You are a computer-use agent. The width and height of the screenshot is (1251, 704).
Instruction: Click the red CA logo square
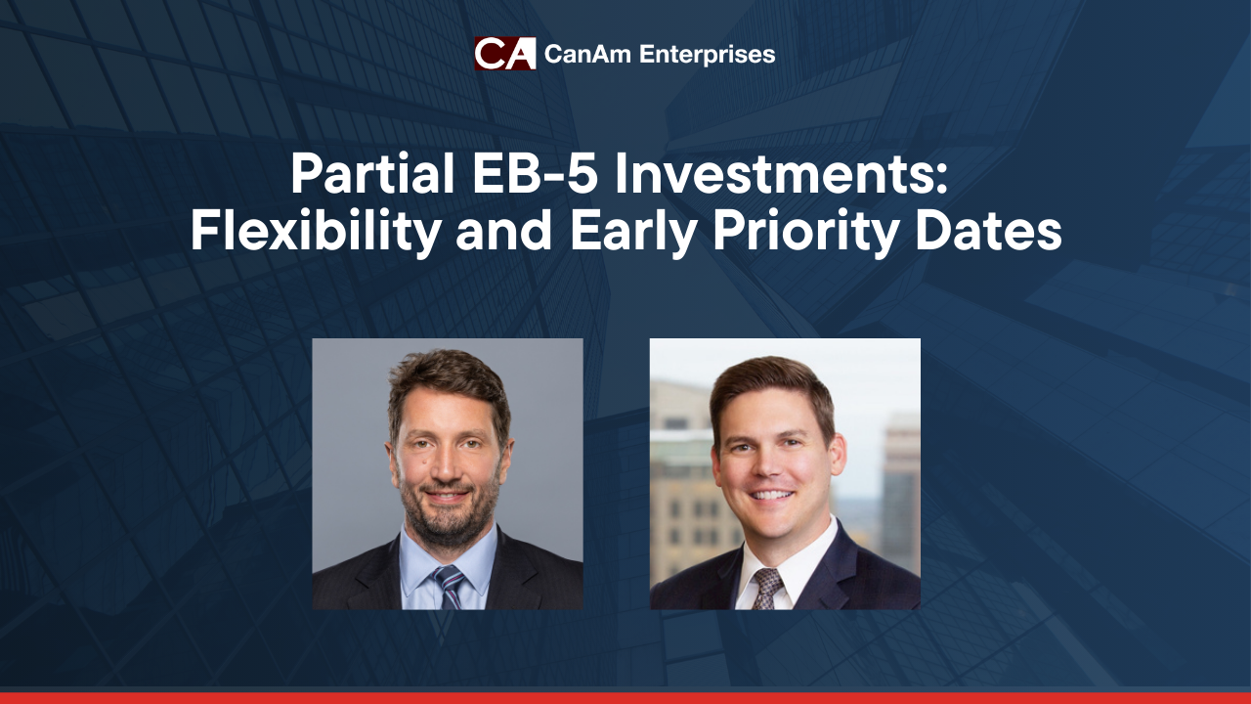pos(505,54)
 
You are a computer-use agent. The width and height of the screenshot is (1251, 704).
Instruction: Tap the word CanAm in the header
pos(588,54)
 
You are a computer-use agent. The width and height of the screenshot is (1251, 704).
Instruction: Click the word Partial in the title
pos(372,174)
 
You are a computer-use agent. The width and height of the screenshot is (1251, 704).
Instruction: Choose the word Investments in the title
pos(781,175)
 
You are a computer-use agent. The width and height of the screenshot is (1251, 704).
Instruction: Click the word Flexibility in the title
pos(316,232)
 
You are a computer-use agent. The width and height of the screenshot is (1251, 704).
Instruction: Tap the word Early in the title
pos(633,232)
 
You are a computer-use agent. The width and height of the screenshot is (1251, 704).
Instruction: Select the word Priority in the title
pos(804,232)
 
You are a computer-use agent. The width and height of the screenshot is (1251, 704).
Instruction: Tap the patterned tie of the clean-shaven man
pos(767,589)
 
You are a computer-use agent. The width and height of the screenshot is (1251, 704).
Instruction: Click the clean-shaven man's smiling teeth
pos(772,495)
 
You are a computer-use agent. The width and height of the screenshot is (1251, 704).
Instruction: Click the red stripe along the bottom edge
pos(625,698)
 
